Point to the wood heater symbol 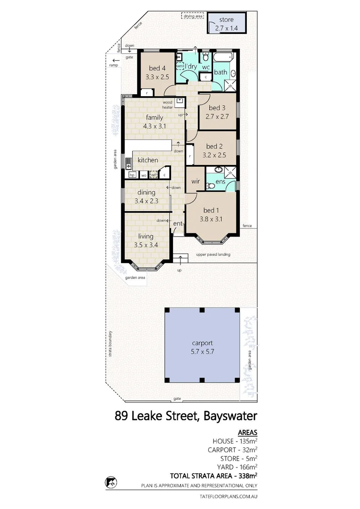click(180, 101)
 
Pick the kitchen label click(147, 160)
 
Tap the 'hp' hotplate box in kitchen click(132, 175)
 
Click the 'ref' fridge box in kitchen click(153, 175)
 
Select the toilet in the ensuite click(212, 186)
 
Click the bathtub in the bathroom click(223, 57)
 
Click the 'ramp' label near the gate click(113, 65)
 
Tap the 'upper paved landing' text click(213, 254)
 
